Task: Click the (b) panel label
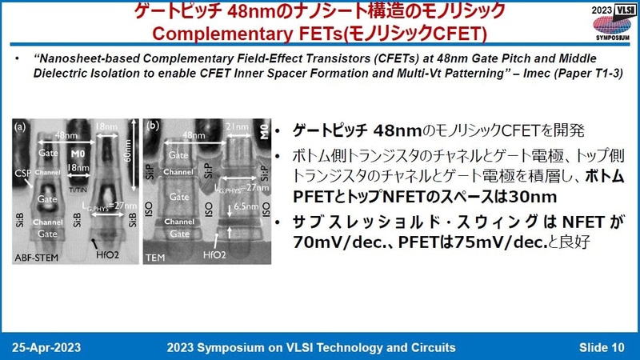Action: coord(152,126)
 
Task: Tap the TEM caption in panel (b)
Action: coord(154,257)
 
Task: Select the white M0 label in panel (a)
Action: coord(78,152)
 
